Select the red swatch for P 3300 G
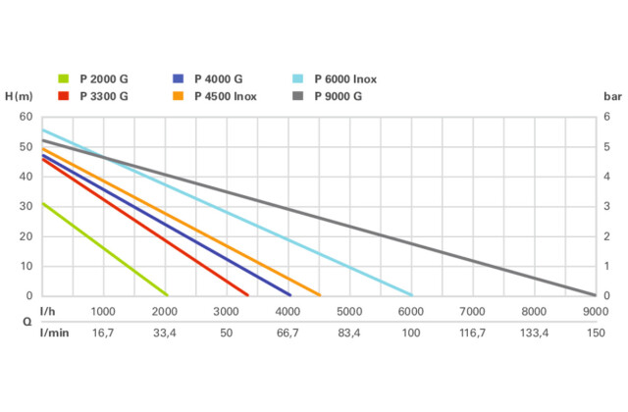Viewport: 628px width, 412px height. coord(65,96)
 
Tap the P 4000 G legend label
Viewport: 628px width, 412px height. coord(220,79)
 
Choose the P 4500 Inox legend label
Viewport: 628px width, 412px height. coord(228,96)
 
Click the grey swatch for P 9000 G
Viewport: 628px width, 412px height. coord(297,96)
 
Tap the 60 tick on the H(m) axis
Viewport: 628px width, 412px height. coord(26,117)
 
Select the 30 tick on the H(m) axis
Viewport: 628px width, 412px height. coord(26,206)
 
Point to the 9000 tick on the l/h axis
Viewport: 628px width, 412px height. coord(595,311)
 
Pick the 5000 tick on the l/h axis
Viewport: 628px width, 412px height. coord(349,311)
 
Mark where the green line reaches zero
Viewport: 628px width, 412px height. coord(167,295)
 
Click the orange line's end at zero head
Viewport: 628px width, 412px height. coord(320,295)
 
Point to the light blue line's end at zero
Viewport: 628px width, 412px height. coord(412,295)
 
